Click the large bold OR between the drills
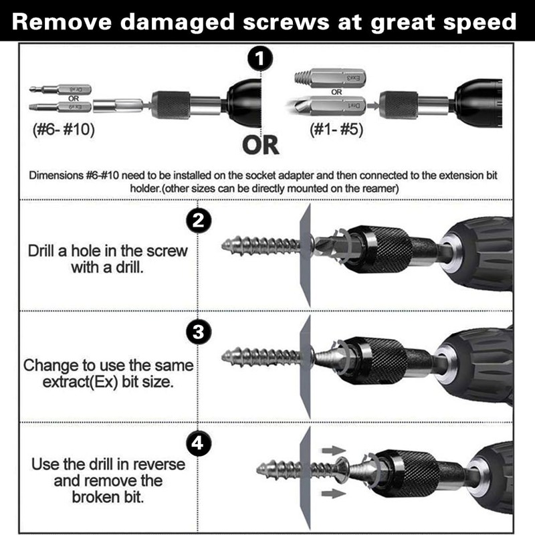pos(261,144)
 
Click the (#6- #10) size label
pos(64,130)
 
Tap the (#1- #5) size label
pos(337,130)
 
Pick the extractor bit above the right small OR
pos(329,78)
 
